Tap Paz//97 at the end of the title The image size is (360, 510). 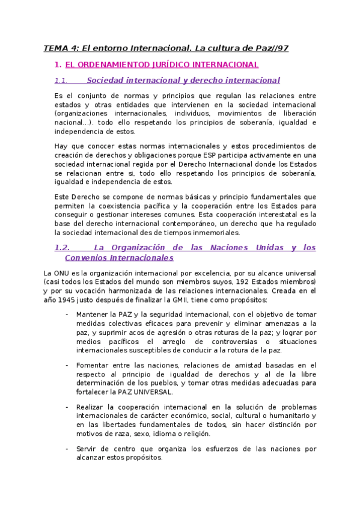[270, 48]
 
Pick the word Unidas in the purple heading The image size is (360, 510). [261, 248]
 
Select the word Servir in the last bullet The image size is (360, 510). [88, 449]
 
